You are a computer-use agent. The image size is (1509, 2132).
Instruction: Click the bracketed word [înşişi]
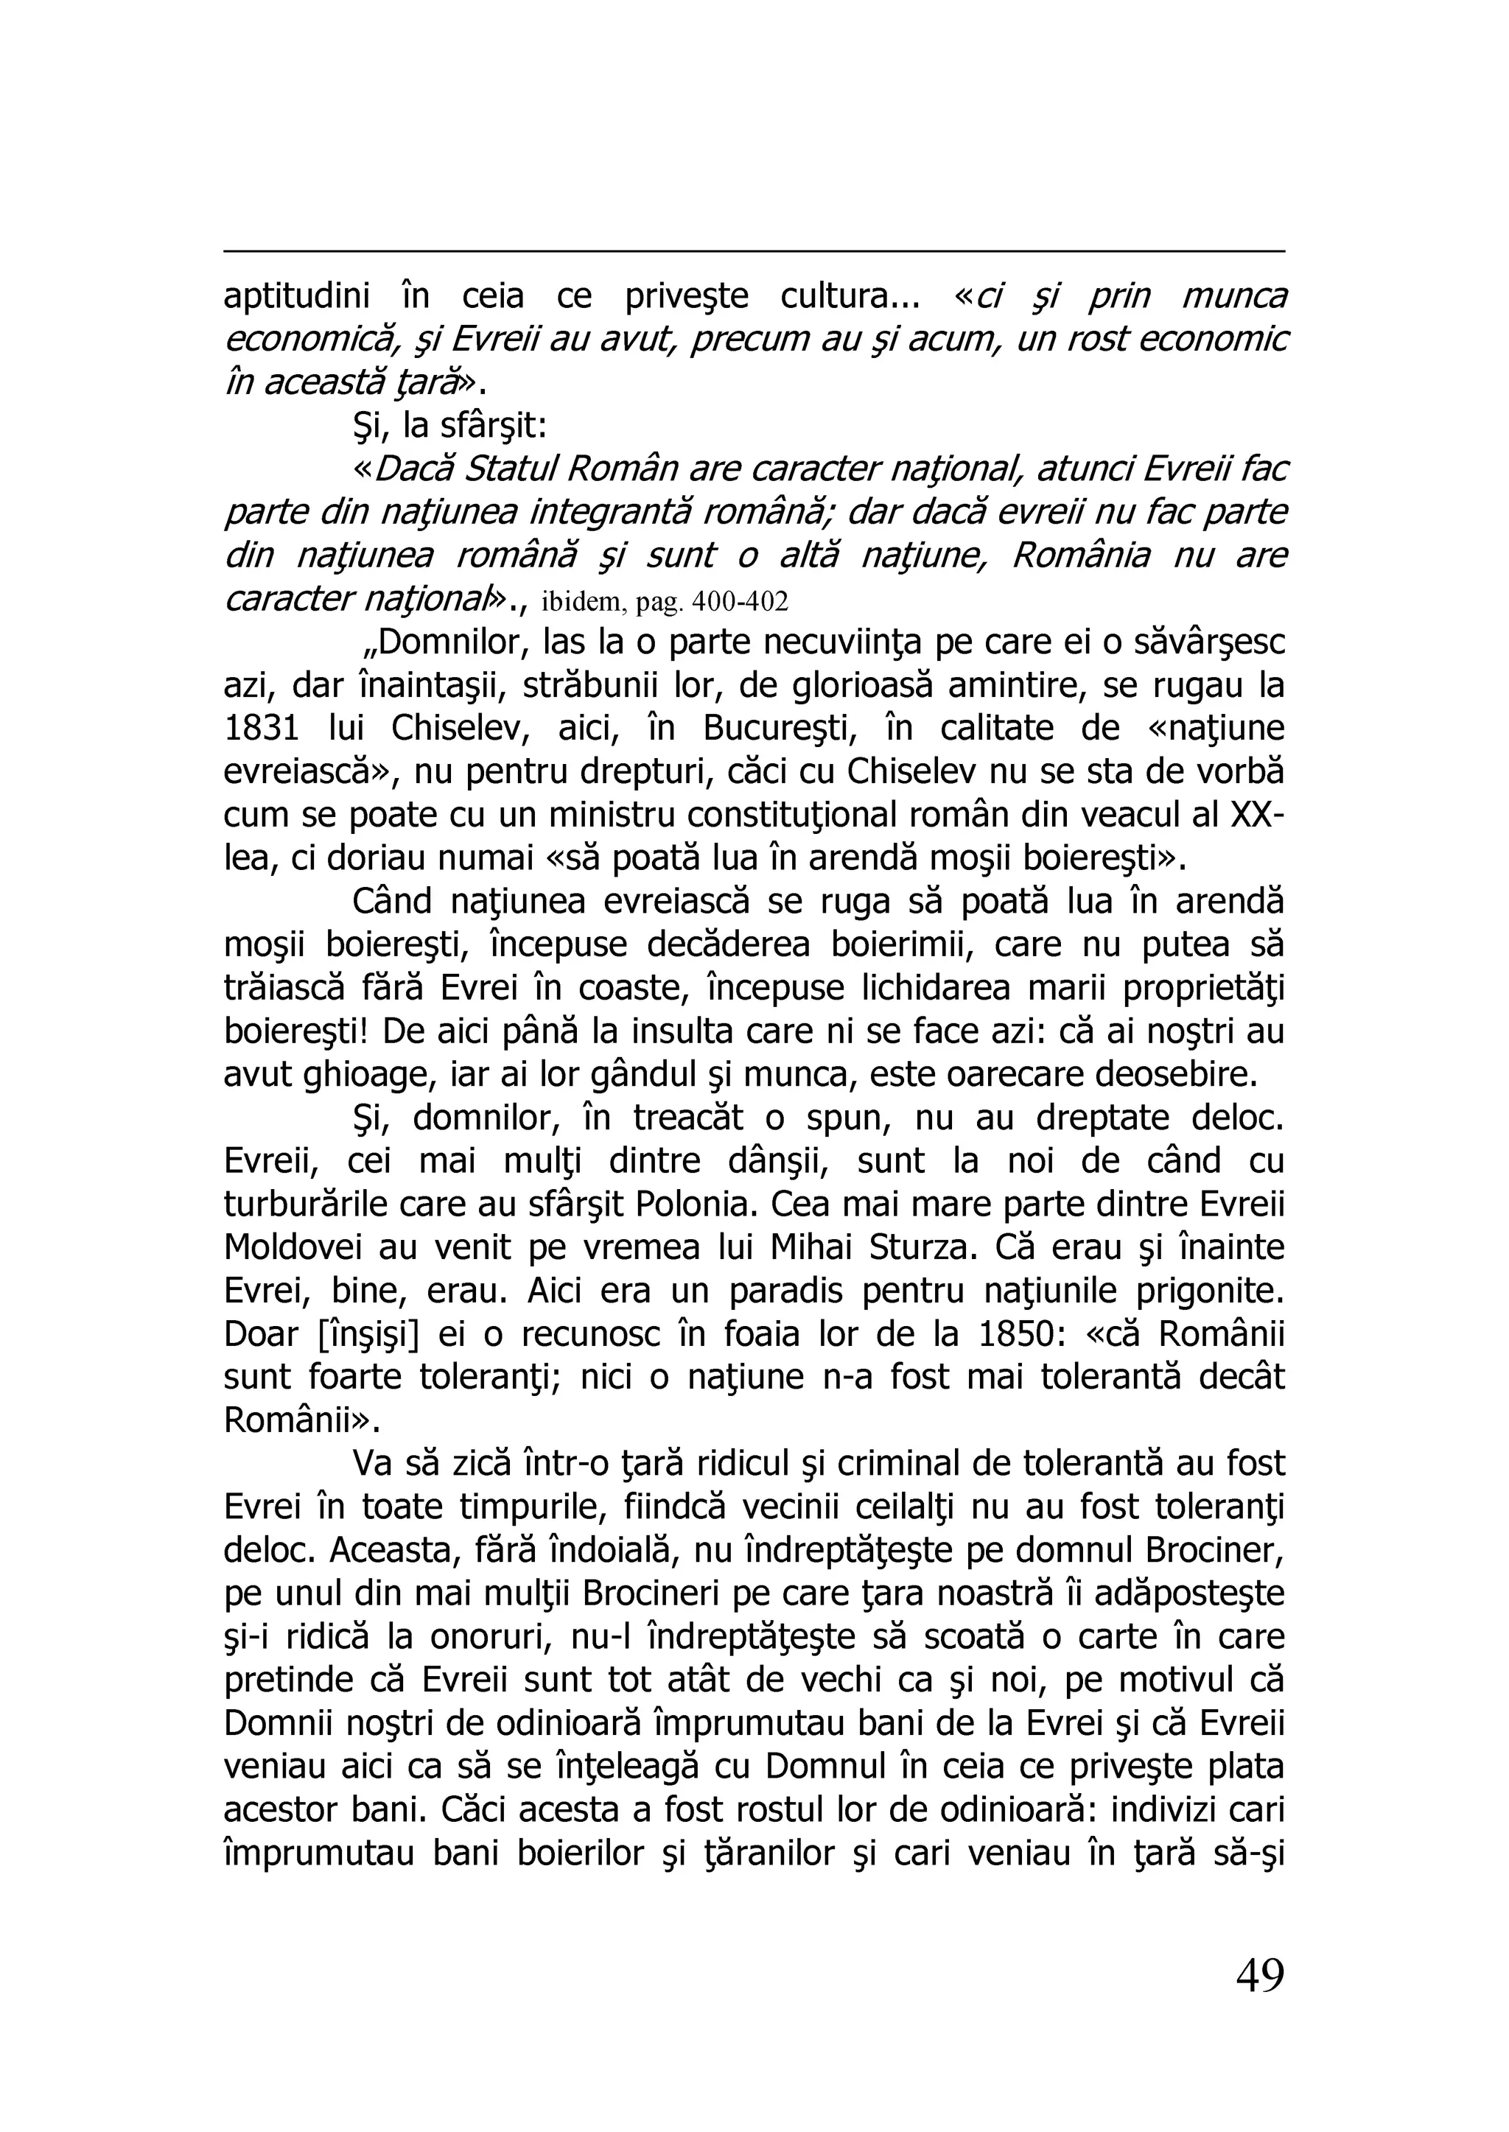tap(368, 1335)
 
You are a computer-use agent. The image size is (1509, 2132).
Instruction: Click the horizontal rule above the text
tap(754, 250)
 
